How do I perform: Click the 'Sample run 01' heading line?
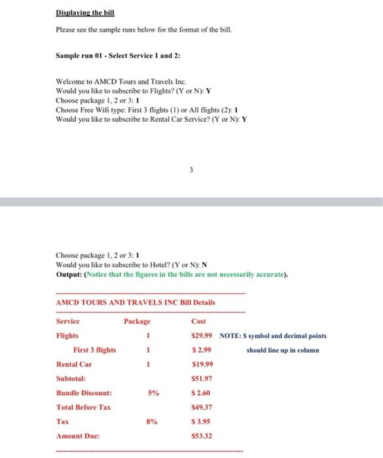click(x=113, y=56)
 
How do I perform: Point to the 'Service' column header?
click(x=68, y=321)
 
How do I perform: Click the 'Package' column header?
click(x=137, y=321)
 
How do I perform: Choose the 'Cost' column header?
click(x=199, y=321)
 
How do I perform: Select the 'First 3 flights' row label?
click(x=95, y=350)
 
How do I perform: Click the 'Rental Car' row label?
click(x=74, y=364)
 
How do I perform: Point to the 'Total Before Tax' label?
click(x=84, y=408)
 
